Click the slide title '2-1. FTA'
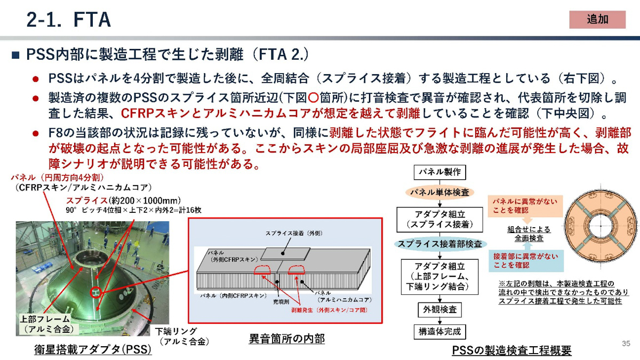tap(69, 19)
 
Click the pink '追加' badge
tap(597, 19)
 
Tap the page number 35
tap(626, 343)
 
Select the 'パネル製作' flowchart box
tap(439, 172)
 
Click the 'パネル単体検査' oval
tap(439, 192)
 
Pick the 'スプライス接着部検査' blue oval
tap(439, 244)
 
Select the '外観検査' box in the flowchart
tap(439, 309)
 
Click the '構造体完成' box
tap(439, 332)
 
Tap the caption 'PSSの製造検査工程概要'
tap(511, 350)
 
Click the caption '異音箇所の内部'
tap(286, 338)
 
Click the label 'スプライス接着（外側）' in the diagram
tap(295, 233)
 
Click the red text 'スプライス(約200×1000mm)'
tap(123, 201)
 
